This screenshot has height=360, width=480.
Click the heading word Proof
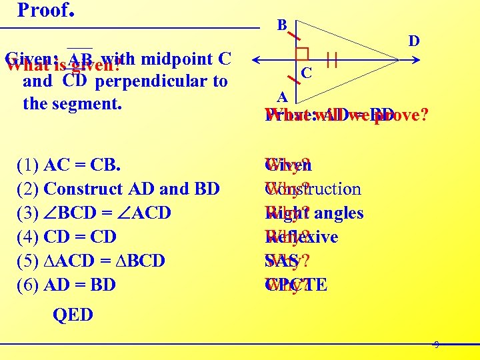(x=44, y=10)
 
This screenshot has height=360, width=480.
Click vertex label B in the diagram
(x=282, y=25)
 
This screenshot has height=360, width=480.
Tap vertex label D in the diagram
(x=413, y=41)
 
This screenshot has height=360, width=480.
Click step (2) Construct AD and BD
(x=118, y=189)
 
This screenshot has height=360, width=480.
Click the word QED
(x=73, y=315)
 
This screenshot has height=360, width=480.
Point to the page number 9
(x=436, y=345)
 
